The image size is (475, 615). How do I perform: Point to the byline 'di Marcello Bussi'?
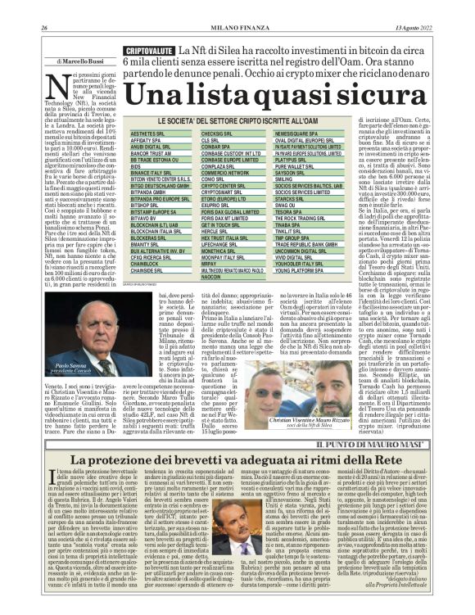(x=82, y=61)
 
